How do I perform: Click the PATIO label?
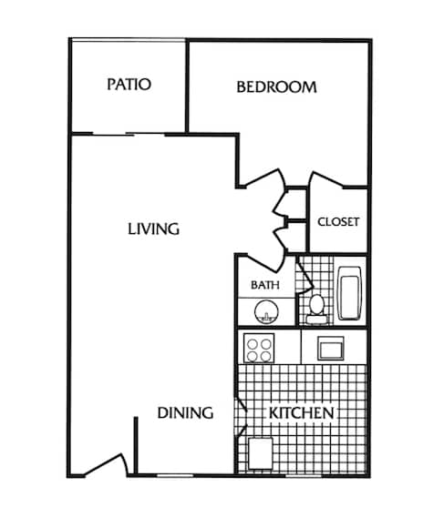click(129, 85)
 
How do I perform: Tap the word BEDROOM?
click(276, 87)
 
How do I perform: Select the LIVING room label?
click(153, 228)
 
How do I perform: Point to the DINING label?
click(185, 412)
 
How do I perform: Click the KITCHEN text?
click(300, 413)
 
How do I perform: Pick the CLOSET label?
click(338, 221)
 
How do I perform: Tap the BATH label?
click(264, 285)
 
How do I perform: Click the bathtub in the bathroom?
click(351, 292)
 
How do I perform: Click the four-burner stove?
click(259, 347)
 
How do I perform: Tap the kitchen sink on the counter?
click(329, 347)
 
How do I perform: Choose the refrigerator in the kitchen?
click(259, 452)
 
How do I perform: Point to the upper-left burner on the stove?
click(253, 341)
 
